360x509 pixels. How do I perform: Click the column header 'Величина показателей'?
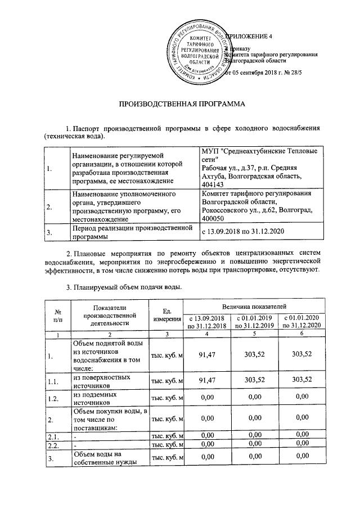click(x=254, y=307)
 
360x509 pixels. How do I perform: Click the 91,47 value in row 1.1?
click(x=207, y=380)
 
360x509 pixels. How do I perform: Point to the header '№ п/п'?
click(x=57, y=316)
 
